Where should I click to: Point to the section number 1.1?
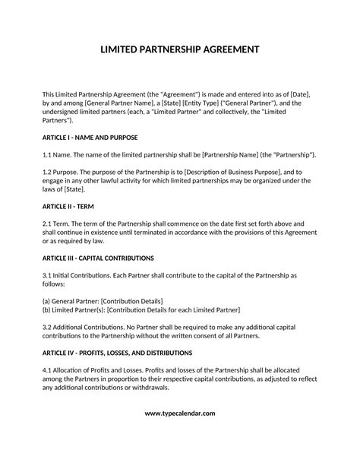[48, 154]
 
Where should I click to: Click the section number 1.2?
[48, 172]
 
